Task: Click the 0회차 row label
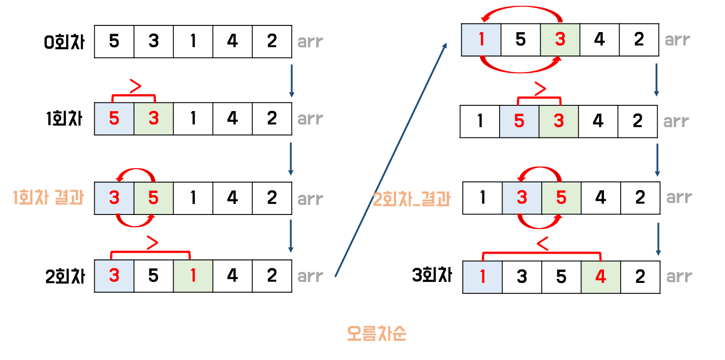click(64, 42)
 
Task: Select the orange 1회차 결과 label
click(48, 198)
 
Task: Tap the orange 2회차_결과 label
click(412, 199)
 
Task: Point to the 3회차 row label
click(432, 276)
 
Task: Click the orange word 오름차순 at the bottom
click(376, 334)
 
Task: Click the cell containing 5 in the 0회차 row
click(114, 42)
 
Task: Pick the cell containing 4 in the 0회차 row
click(232, 42)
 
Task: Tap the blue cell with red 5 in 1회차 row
click(114, 119)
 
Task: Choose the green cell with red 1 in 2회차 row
click(193, 276)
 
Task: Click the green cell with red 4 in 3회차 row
click(600, 277)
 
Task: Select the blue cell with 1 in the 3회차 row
click(482, 277)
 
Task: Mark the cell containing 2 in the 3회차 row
click(640, 277)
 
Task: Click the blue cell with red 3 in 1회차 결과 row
click(114, 198)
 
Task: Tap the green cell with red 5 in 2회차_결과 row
click(561, 197)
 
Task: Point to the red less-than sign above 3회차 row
click(542, 244)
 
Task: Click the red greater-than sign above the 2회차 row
click(152, 242)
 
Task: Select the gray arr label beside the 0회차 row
click(310, 42)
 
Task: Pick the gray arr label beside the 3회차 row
click(679, 277)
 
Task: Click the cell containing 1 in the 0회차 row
click(193, 42)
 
